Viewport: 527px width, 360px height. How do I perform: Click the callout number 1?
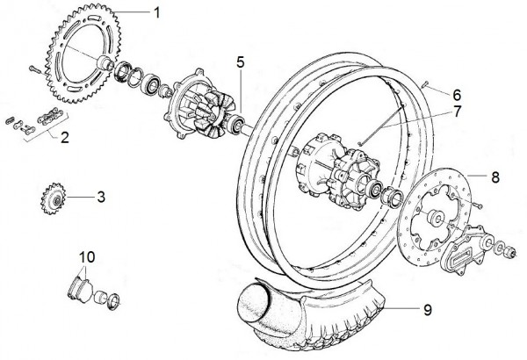156,13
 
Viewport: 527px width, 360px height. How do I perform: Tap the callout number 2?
64,138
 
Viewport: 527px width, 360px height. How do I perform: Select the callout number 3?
101,197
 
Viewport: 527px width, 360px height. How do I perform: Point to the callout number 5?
241,62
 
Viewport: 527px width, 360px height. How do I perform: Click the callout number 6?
457,95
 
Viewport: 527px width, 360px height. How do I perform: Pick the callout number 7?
457,112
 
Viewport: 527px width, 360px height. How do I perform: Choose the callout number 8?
495,177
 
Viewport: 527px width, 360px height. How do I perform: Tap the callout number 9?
428,310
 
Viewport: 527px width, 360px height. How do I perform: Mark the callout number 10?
87,257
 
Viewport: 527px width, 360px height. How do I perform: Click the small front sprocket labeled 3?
54,200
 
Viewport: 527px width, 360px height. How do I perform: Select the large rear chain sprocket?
84,53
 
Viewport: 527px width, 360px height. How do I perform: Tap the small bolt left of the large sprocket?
35,69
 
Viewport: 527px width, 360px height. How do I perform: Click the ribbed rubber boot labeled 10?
79,289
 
